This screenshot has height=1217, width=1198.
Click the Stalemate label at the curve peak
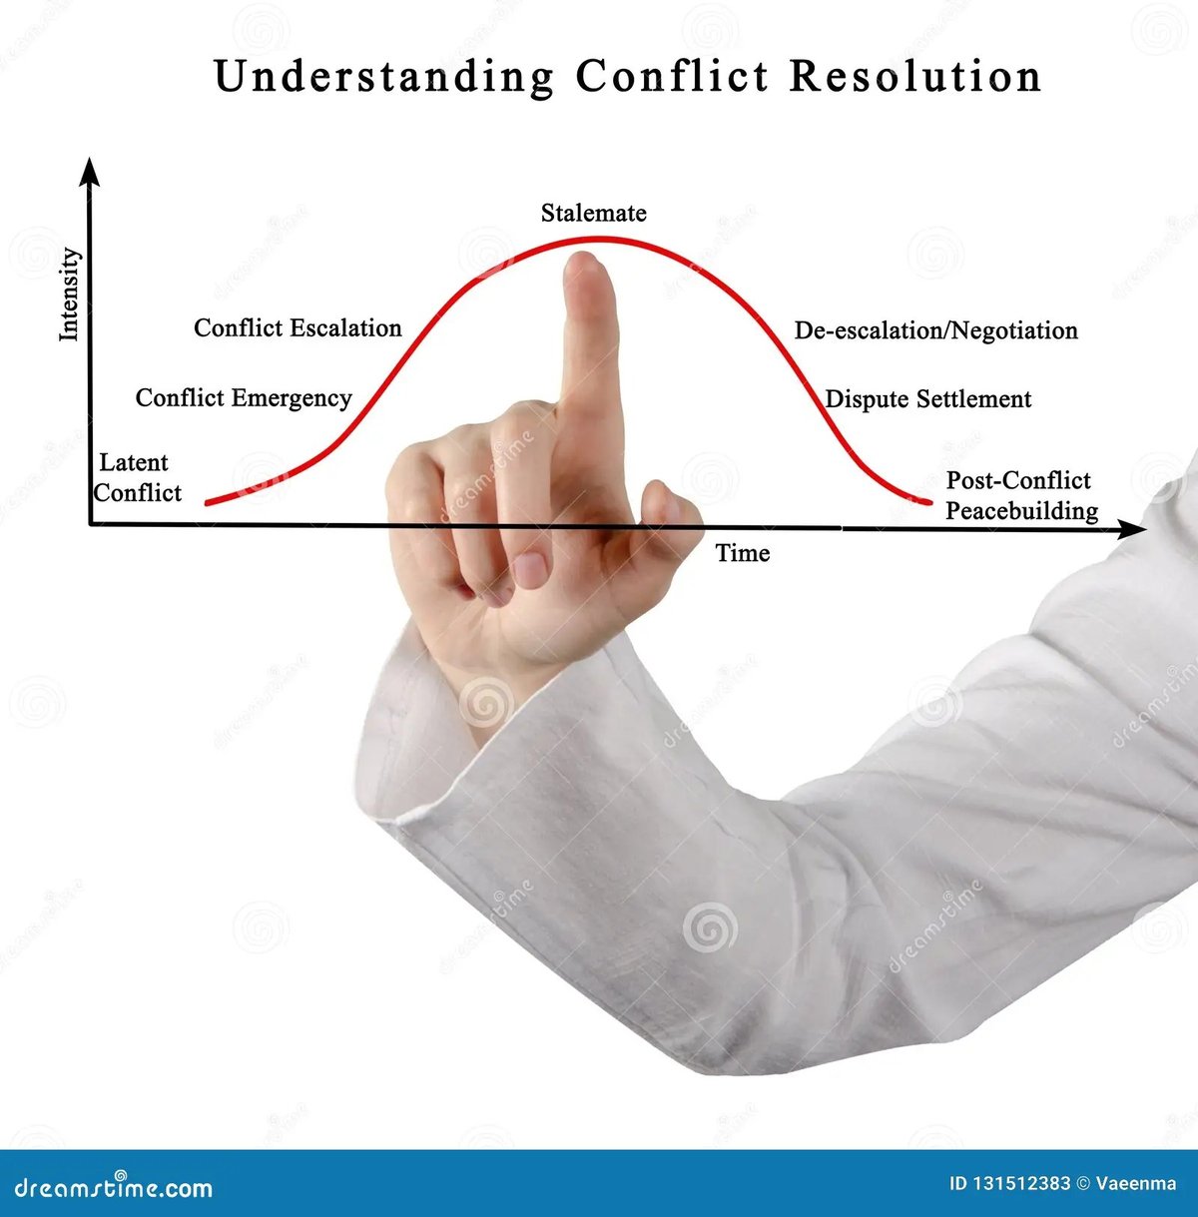(x=593, y=214)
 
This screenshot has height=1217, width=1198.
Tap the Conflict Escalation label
(x=298, y=328)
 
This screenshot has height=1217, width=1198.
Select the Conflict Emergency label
(x=244, y=398)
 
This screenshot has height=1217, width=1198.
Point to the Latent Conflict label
(x=138, y=478)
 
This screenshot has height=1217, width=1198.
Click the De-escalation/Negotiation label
(x=935, y=330)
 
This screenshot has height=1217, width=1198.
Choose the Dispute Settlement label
(x=927, y=399)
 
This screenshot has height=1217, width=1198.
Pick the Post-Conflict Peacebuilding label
(x=1020, y=496)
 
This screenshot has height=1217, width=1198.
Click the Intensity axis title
(x=69, y=295)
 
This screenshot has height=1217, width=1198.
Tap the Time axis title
(x=743, y=553)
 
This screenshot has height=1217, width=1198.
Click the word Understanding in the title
(x=383, y=78)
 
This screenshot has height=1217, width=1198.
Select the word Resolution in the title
(x=914, y=77)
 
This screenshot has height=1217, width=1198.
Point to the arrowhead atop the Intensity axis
(x=91, y=172)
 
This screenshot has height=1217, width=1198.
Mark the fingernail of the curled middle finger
(x=530, y=569)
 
